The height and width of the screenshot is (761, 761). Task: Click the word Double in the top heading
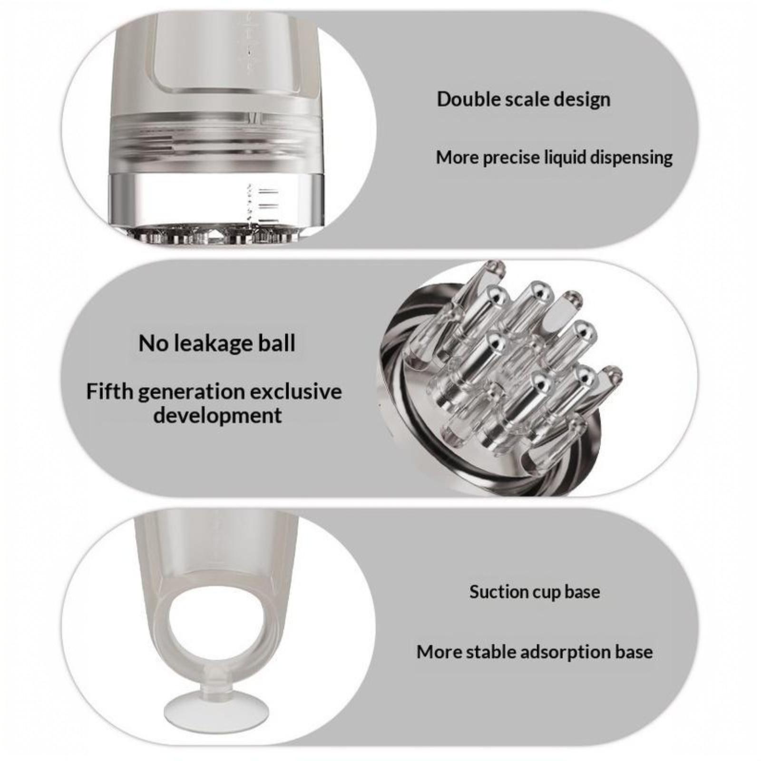467,99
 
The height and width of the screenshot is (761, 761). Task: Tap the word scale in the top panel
525,99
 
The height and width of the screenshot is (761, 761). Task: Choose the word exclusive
296,391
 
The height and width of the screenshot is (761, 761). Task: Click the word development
217,416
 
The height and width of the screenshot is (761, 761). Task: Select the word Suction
498,592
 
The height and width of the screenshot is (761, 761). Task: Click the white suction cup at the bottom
216,712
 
